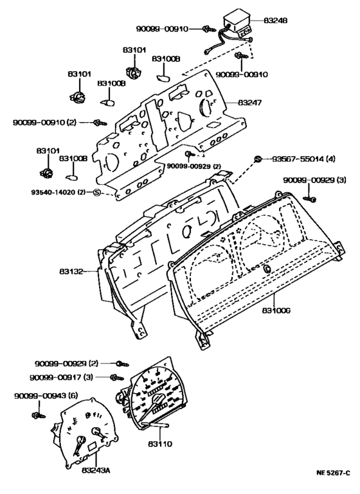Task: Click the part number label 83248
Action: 276,21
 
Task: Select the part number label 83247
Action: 250,103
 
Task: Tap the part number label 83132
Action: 71,271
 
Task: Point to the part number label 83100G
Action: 276,310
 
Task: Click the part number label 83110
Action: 160,444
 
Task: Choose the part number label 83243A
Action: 96,470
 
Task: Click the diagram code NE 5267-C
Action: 333,482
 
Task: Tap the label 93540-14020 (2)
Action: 59,192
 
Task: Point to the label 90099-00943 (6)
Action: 46,396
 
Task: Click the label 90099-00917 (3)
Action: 62,377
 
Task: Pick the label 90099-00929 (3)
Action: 314,181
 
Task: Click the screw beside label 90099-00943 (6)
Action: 39,416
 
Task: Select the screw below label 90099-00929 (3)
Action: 310,198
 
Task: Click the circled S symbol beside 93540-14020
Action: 97,192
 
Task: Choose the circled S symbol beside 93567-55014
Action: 257,159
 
